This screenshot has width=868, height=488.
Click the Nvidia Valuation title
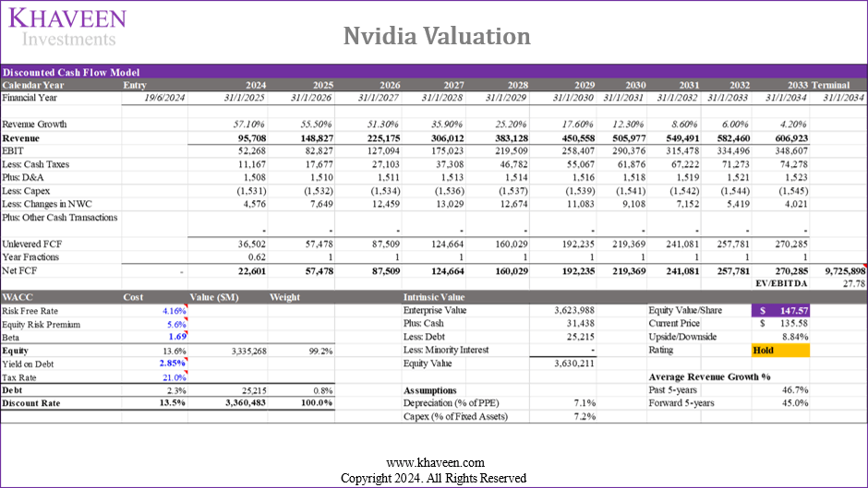tap(437, 36)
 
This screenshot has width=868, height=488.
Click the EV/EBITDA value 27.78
tap(852, 284)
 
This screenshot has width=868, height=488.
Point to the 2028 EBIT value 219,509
tap(506, 150)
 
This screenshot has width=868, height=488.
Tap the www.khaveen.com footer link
tap(433, 463)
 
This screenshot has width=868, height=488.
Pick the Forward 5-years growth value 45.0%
tap(791, 403)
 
